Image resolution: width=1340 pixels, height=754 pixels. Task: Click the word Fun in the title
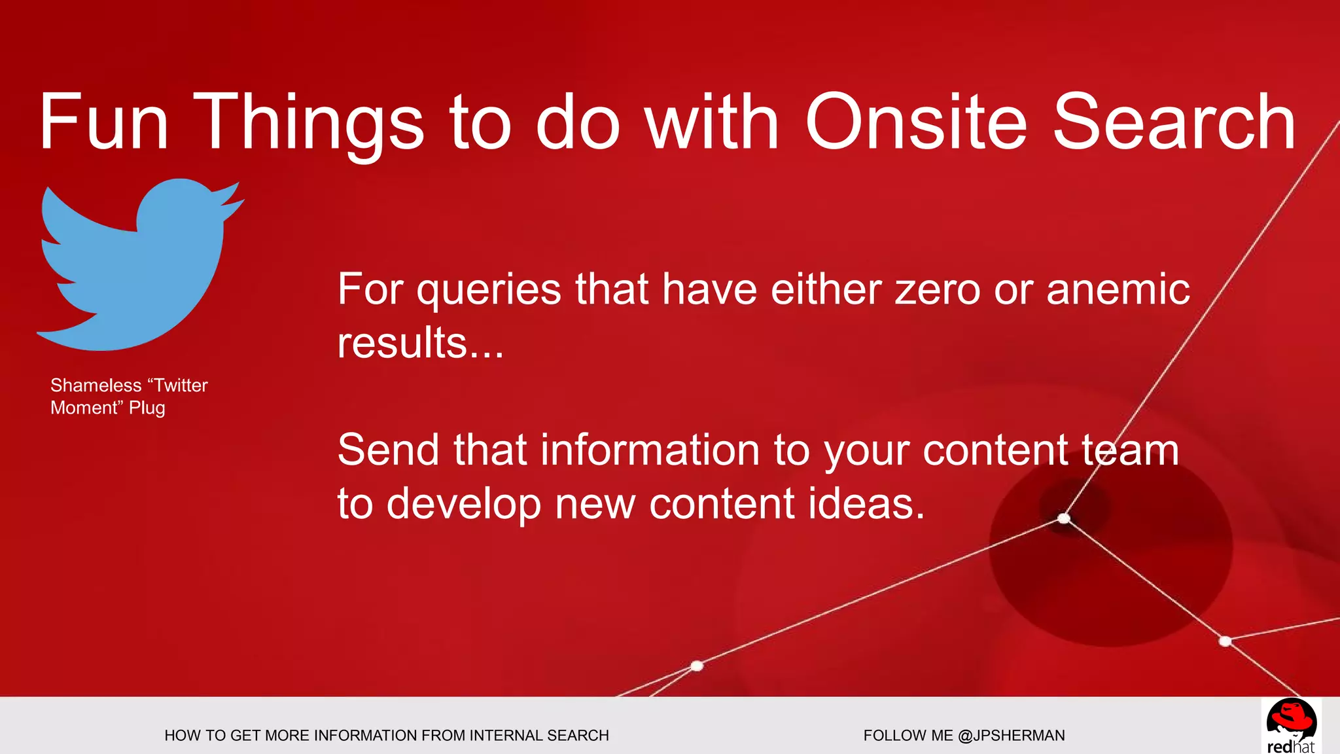coord(105,122)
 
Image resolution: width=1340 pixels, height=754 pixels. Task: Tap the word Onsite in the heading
coord(916,122)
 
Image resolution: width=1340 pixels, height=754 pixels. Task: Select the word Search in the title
coord(1174,122)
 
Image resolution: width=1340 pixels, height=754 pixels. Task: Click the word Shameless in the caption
coord(96,385)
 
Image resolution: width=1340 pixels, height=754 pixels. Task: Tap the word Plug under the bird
coord(147,408)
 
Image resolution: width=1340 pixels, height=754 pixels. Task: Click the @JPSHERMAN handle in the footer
coord(1011,736)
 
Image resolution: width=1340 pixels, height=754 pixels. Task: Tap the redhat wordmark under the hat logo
coord(1290,747)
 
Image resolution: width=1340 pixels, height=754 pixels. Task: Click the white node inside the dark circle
coord(1064,518)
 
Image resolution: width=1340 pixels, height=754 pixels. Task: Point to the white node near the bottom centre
coord(697,666)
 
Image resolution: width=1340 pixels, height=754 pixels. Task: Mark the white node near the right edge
coord(1225,641)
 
